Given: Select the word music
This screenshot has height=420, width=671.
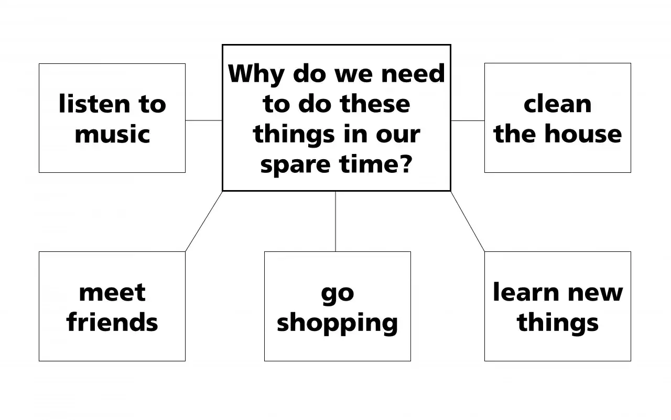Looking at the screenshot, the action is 112,134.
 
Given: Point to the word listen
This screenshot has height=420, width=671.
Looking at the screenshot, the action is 94,104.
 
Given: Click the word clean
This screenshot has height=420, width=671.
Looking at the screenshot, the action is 557,104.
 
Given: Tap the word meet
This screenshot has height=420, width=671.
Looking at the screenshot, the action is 112,293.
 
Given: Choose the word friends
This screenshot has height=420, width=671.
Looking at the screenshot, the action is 112,322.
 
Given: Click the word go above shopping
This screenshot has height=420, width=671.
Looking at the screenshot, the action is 337,295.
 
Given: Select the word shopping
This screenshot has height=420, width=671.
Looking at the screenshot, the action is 337,324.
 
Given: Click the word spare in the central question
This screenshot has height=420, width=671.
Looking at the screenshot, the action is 295,165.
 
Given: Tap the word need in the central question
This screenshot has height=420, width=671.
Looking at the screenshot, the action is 413,74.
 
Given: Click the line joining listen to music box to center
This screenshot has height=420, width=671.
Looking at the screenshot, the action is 204,120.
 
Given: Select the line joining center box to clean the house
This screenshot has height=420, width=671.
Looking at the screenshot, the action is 468,121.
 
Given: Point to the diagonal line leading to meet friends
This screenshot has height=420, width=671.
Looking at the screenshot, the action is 204,222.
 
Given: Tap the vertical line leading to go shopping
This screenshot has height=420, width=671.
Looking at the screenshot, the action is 335,222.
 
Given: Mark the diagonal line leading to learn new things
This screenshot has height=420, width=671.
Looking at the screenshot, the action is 468,222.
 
